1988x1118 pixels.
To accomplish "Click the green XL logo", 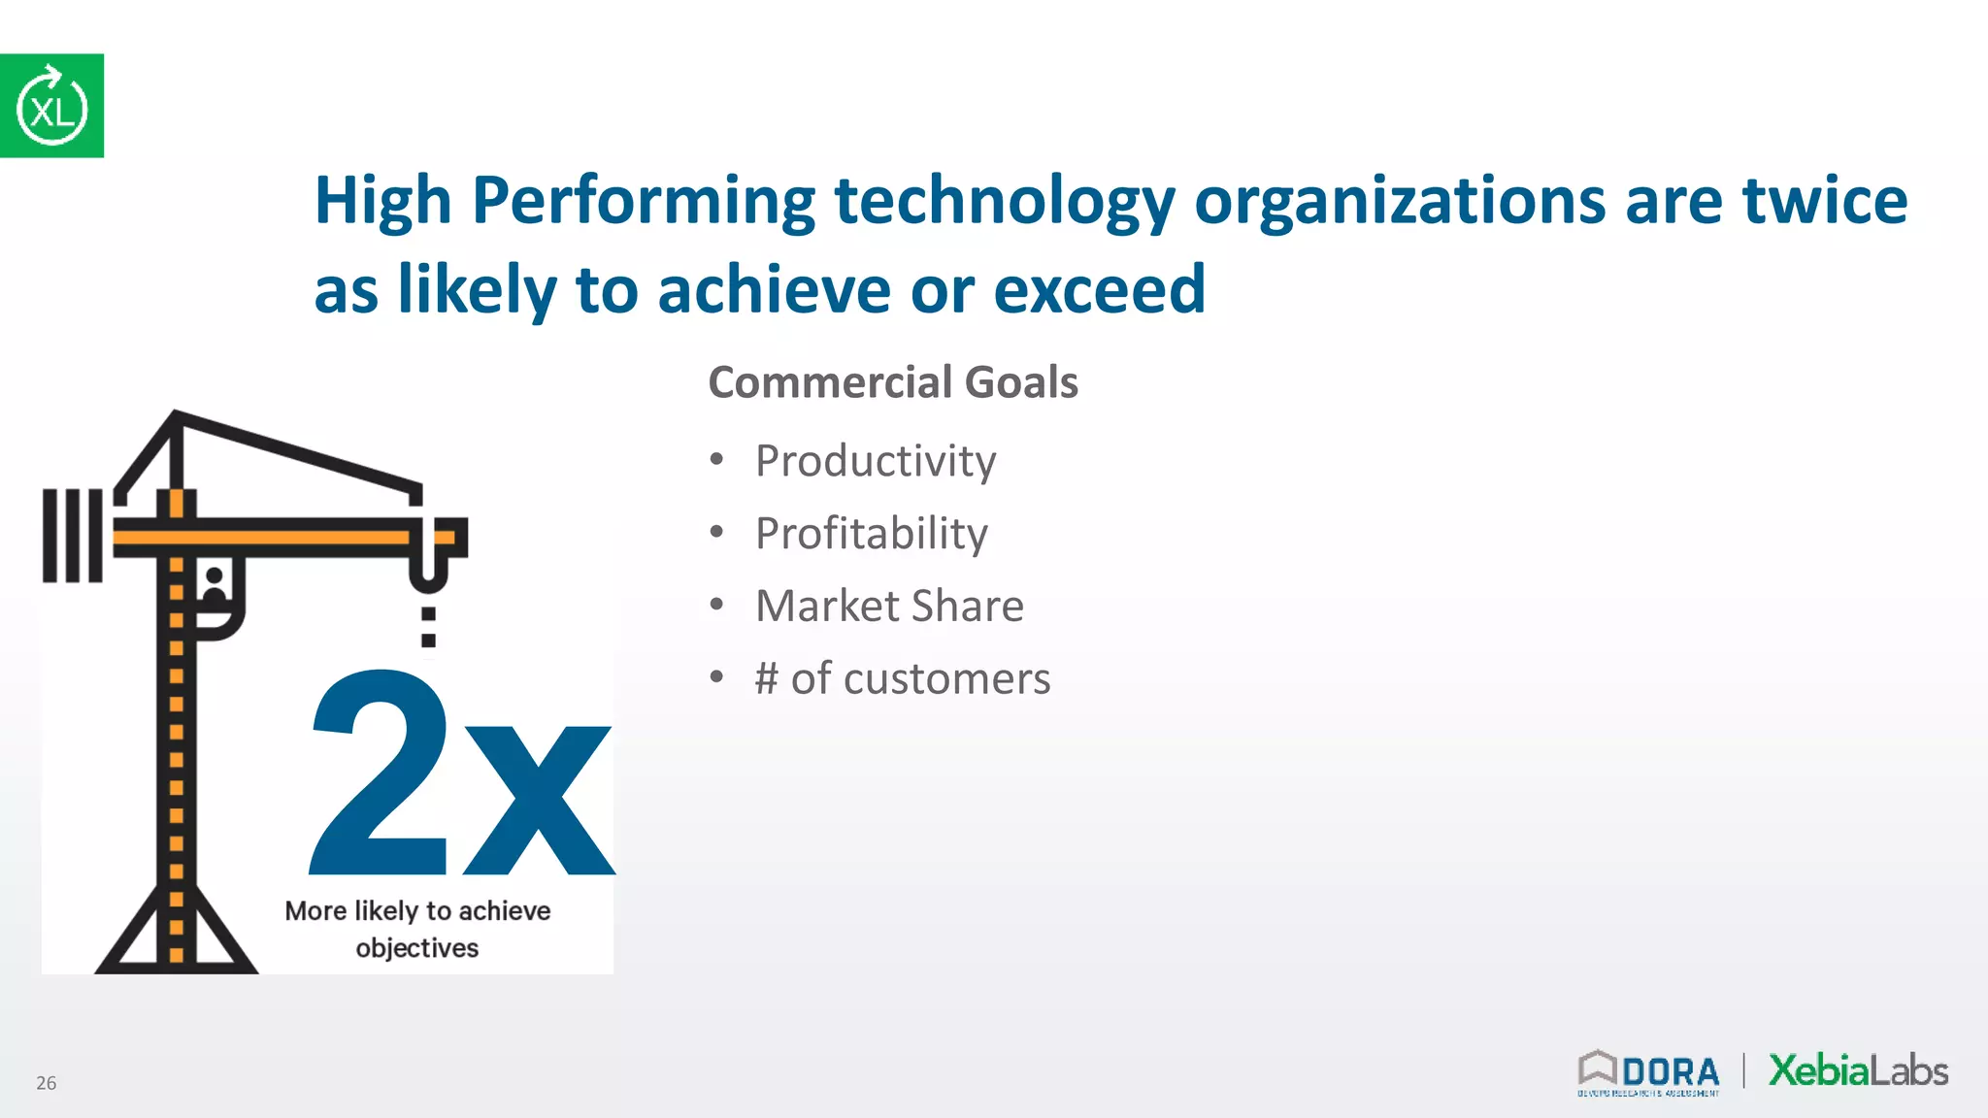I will coord(51,106).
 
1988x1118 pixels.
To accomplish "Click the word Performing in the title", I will coord(643,201).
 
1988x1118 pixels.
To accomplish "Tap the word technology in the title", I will coord(1004,201).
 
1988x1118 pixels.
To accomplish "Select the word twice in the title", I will coord(1825,201).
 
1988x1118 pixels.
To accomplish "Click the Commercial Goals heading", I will coord(893,382).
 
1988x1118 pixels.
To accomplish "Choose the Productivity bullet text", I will coord(876,461).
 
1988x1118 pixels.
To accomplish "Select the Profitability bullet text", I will coord(872,534).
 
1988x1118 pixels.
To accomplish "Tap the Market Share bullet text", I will coord(889,607).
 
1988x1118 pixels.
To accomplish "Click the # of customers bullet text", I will coord(903,678).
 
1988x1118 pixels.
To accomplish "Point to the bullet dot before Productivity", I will coord(716,459).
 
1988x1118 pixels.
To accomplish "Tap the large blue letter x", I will coord(539,801).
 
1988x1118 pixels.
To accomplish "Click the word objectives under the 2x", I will coord(417,948).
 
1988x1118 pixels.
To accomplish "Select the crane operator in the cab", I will coord(215,587).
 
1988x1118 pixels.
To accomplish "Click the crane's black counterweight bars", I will coord(73,536).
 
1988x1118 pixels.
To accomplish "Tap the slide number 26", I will coord(47,1083).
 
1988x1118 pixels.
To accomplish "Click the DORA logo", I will coord(1649,1073).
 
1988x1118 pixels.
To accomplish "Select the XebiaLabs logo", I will coord(1858,1070).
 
